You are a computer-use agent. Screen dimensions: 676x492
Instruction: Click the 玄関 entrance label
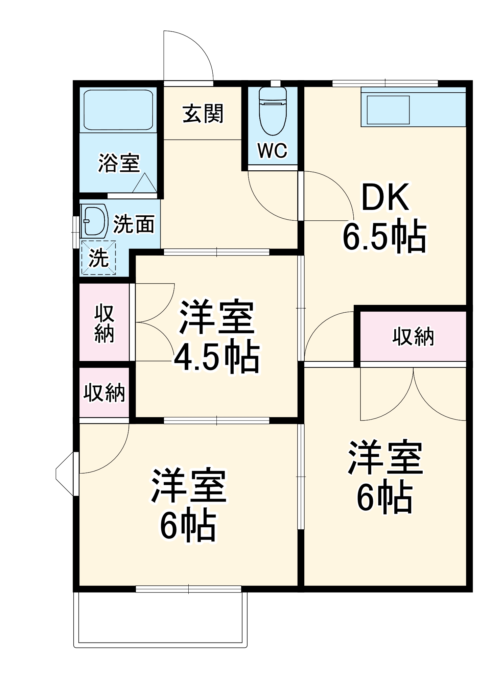203,114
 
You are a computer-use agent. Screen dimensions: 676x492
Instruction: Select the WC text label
272,150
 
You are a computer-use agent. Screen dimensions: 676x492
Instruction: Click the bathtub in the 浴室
118,110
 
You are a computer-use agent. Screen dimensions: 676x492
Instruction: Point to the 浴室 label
119,163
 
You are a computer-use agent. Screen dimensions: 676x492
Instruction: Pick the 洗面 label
134,224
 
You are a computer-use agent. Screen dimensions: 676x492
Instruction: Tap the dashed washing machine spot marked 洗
98,258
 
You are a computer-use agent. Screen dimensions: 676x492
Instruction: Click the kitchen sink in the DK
388,110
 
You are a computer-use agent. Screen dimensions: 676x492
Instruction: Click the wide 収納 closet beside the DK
413,336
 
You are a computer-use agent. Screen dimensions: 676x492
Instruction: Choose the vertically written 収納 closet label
104,323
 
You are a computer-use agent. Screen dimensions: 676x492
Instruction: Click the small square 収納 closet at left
104,393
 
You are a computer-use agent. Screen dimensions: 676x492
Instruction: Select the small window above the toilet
276,83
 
